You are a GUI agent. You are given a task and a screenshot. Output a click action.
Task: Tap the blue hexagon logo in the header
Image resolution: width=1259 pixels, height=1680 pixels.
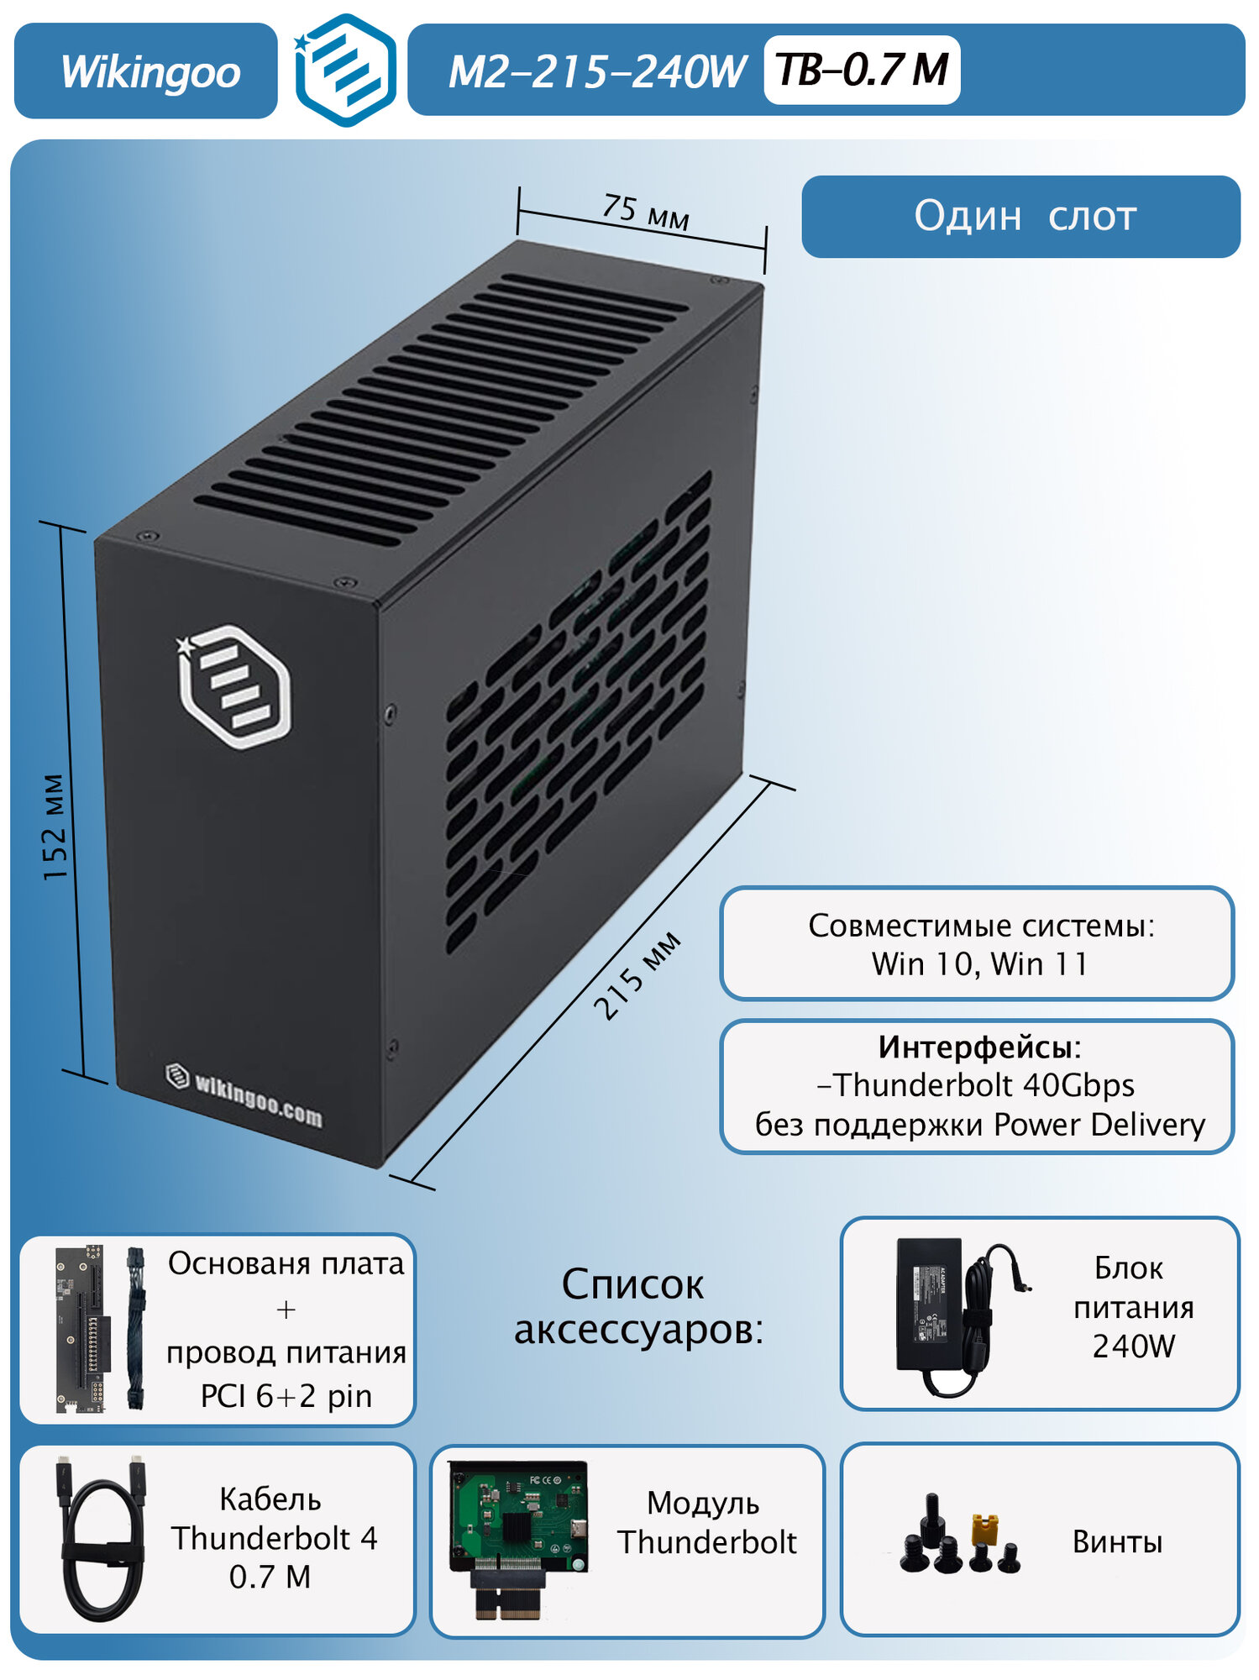pos(346,71)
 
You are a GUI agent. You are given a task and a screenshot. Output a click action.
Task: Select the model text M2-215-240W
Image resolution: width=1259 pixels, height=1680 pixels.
pos(597,71)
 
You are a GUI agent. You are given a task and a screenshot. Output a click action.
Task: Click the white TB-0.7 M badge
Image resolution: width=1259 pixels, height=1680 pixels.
pos(862,70)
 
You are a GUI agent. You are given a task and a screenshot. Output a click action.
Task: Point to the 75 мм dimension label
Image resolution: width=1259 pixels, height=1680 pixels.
pos(646,211)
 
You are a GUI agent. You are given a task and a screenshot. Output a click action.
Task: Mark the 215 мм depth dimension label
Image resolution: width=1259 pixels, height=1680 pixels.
pos(637,976)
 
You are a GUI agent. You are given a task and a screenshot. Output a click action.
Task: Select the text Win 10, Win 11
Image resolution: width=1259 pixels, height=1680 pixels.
pos(979,963)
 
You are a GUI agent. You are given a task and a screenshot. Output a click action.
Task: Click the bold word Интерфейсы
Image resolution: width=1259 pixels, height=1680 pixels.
pos(976,1047)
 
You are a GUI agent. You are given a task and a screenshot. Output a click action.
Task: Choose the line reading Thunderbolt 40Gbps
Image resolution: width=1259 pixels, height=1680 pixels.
pos(978,1085)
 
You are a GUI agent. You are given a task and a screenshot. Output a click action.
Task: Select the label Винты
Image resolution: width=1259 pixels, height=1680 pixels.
pos(1117,1541)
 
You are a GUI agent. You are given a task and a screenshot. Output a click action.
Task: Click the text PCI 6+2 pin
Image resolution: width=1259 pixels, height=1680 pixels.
pos(286,1396)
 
